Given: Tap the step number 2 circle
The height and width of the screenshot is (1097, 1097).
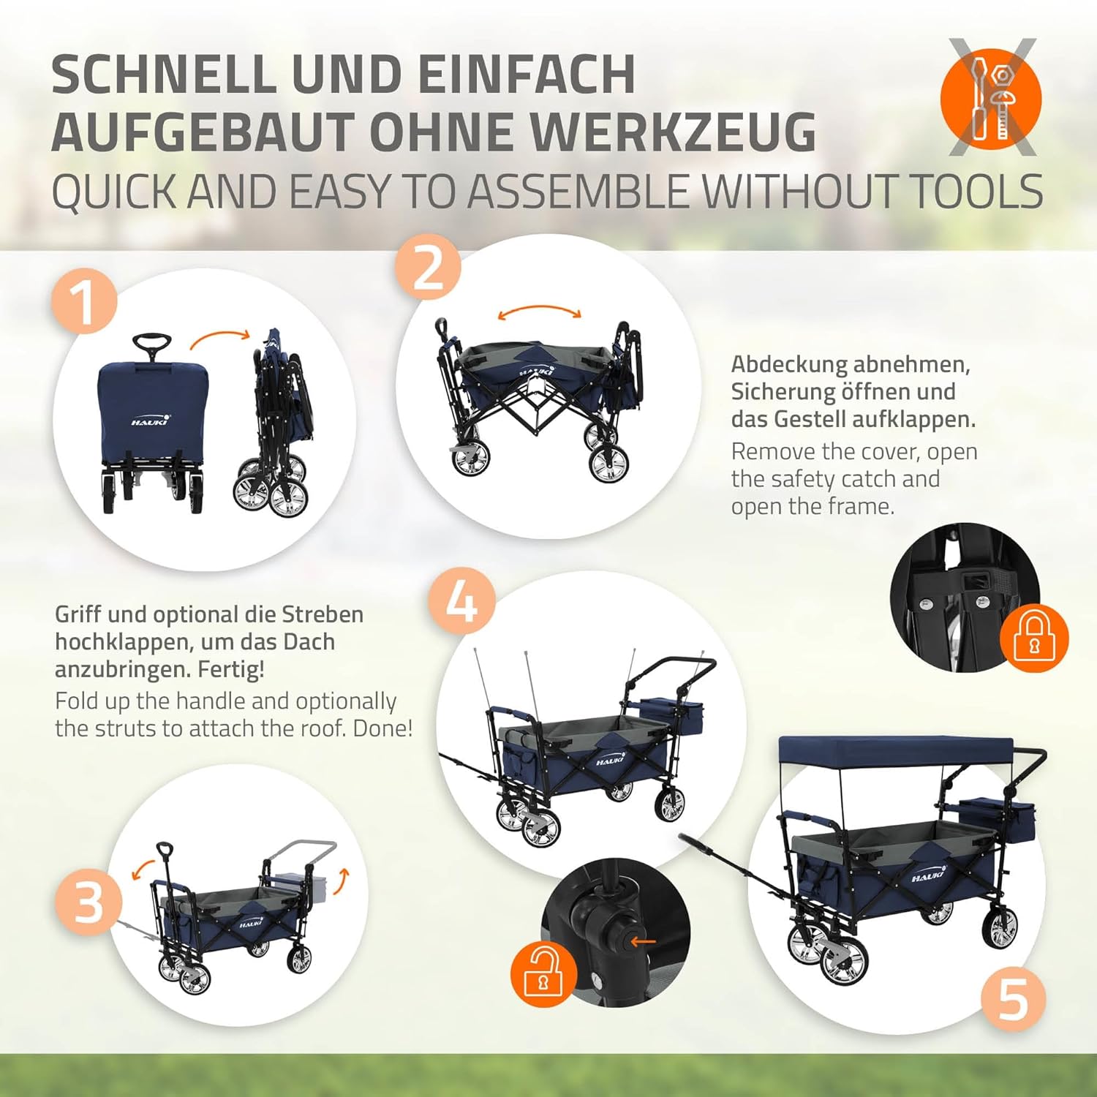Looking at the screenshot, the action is point(429,267).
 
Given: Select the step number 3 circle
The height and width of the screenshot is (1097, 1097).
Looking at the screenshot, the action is point(88,902).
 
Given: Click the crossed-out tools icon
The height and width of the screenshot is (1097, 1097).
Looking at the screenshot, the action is point(992,97).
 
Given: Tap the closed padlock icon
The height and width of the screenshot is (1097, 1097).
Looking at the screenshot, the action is point(1034,636).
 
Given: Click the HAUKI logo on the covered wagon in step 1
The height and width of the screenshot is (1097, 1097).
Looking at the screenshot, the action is point(151,421).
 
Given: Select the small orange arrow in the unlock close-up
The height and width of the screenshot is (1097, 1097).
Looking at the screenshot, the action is point(644,940).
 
